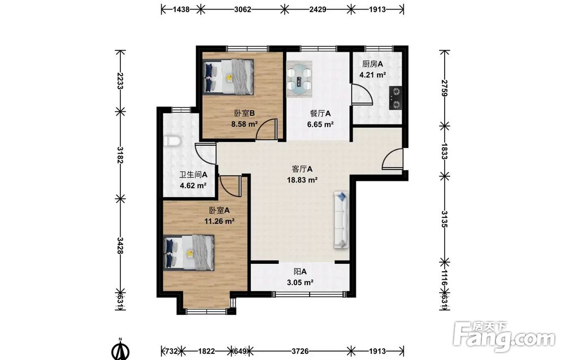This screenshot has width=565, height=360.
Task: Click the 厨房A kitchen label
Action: (x=372, y=64)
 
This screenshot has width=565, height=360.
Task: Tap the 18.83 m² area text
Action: (x=302, y=180)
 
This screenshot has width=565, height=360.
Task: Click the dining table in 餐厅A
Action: (x=299, y=78)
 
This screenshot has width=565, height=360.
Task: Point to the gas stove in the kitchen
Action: (x=395, y=98)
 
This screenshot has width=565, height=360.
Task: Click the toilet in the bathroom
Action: (x=172, y=141)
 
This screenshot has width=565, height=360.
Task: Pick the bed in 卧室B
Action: (x=228, y=77)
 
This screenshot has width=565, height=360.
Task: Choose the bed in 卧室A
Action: (x=189, y=253)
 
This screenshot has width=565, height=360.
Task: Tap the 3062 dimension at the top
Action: (x=242, y=10)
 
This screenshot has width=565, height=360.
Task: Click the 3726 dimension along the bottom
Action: (x=300, y=350)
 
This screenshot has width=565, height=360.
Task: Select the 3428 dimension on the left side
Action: (x=120, y=245)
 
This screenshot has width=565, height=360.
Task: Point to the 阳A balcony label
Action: (x=300, y=272)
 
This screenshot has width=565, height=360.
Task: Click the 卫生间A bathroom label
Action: (x=193, y=175)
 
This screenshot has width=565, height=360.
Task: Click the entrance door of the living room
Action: (x=392, y=159)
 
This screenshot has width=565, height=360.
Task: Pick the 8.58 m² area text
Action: (x=244, y=124)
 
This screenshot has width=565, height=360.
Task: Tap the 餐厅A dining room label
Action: (x=320, y=114)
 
